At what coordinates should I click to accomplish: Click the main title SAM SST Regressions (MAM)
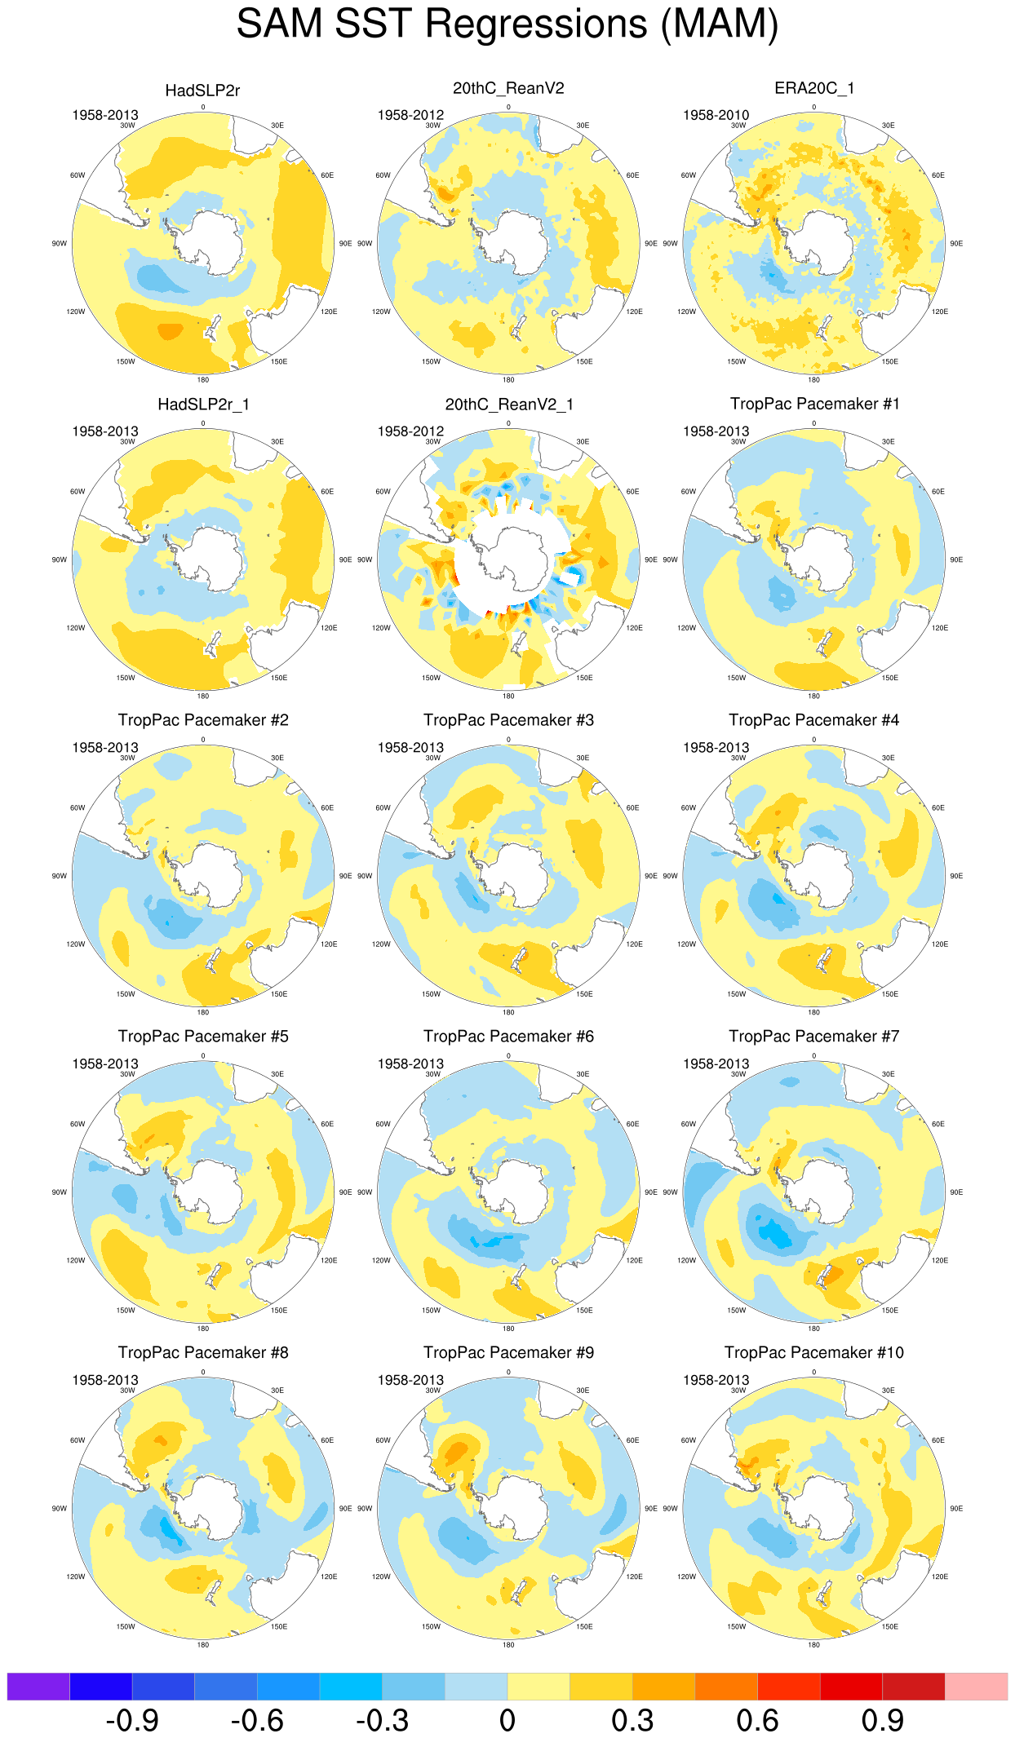507,24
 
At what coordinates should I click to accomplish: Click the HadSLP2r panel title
202,91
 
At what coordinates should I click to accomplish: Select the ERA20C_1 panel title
813,88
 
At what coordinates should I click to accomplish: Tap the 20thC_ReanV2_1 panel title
508,405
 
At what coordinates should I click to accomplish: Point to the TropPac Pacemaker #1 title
813,404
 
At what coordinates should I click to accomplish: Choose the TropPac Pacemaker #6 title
508,1037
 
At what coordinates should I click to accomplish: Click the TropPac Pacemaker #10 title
813,1353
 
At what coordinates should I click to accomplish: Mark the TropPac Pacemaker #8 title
203,1353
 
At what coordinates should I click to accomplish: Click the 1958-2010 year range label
716,115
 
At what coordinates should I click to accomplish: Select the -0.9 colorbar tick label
132,1720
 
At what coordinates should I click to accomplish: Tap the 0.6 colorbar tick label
757,1720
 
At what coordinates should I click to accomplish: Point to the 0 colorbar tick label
507,1720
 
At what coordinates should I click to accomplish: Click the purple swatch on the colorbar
38,1686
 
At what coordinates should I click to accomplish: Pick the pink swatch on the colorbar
976,1686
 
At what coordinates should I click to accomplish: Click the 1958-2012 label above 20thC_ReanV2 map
410,115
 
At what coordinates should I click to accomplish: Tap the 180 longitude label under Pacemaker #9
508,1645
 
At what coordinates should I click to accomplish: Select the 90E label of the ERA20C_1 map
956,244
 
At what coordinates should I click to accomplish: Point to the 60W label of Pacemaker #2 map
78,808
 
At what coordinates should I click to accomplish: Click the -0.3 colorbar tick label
382,1720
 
